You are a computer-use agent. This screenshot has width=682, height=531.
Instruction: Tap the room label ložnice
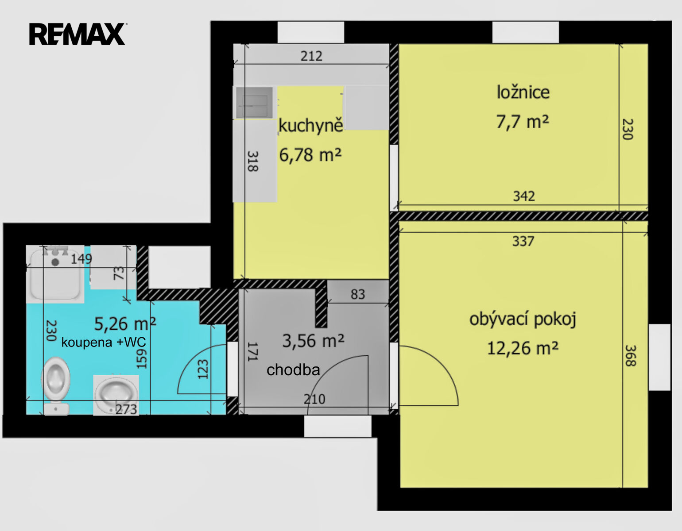coord(523,92)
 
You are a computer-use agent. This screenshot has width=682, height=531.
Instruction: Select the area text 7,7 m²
coord(523,122)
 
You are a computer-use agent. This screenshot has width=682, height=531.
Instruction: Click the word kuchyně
coord(311,126)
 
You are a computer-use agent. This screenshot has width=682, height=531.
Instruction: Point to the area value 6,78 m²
coord(310,155)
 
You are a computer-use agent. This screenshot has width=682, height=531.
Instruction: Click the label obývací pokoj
coord(523,319)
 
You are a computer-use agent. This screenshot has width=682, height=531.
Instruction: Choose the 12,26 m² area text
coord(523,348)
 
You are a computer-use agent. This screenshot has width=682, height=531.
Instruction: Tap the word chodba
coord(293,370)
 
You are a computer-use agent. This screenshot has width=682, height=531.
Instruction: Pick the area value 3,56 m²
coord(313,341)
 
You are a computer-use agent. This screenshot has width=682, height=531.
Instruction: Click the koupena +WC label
coord(104,342)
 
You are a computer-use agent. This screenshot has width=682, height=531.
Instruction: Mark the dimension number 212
coord(311,56)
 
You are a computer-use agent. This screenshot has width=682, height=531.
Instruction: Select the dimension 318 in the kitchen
coord(253,162)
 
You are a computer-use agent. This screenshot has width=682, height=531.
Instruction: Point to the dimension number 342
coord(524,196)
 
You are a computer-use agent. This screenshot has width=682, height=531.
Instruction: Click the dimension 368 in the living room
coord(630,356)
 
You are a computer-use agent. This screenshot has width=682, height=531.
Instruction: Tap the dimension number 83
coord(358,294)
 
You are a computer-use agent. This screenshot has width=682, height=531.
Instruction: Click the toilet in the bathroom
coord(55,385)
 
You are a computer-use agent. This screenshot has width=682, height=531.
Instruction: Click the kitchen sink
coord(255,103)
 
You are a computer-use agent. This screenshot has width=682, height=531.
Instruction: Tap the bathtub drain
coord(55,262)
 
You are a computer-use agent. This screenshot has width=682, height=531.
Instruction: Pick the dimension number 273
coord(127,409)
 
